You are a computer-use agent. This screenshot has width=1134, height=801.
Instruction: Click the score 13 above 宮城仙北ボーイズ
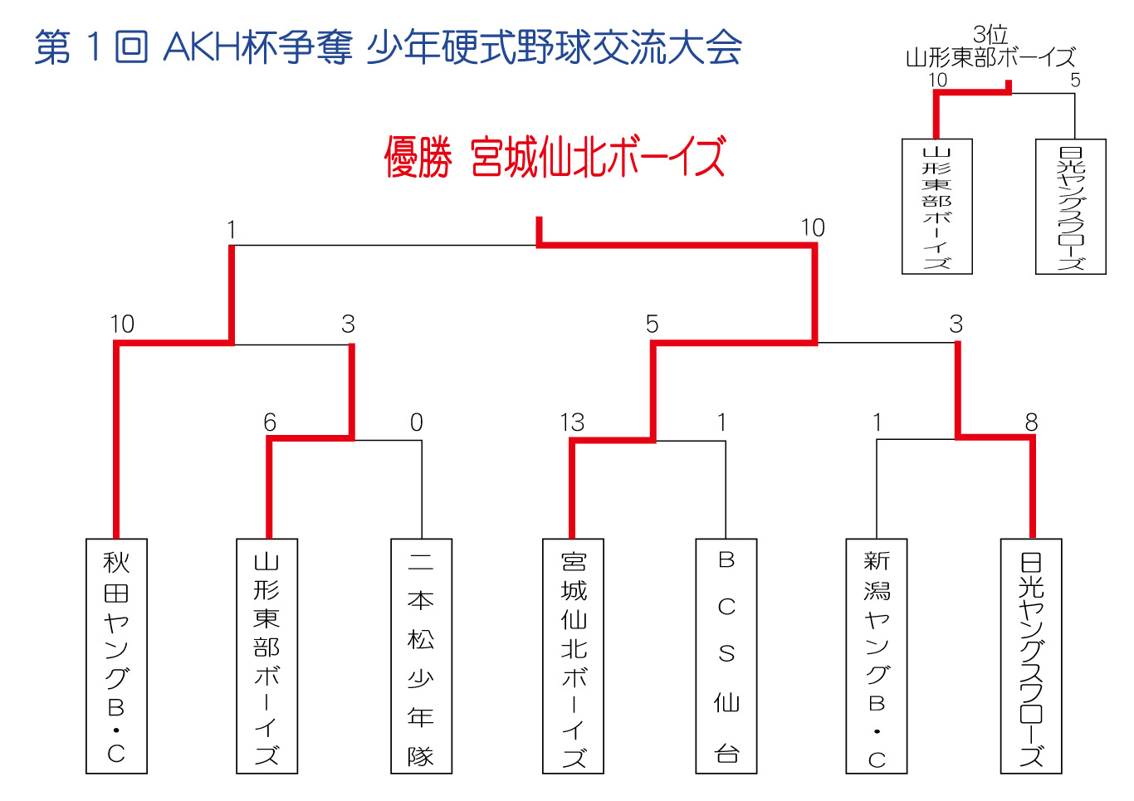coord(572,422)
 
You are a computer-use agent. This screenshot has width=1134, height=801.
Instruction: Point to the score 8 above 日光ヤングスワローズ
coord(1031,422)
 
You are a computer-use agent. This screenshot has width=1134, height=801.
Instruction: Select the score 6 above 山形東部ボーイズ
coord(270,422)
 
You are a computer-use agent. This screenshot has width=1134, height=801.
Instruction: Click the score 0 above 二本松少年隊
coord(416,422)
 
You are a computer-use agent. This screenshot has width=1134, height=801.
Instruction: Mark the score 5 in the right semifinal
coord(652,324)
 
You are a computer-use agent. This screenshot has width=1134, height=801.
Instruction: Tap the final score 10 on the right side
coord(813,227)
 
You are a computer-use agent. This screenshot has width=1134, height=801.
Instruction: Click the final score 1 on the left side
coord(232,230)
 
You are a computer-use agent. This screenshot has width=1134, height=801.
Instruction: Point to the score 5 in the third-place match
coord(1075,80)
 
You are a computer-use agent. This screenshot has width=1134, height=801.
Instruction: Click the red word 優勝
coord(418,157)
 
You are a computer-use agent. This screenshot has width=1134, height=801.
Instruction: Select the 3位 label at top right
coord(990,35)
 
